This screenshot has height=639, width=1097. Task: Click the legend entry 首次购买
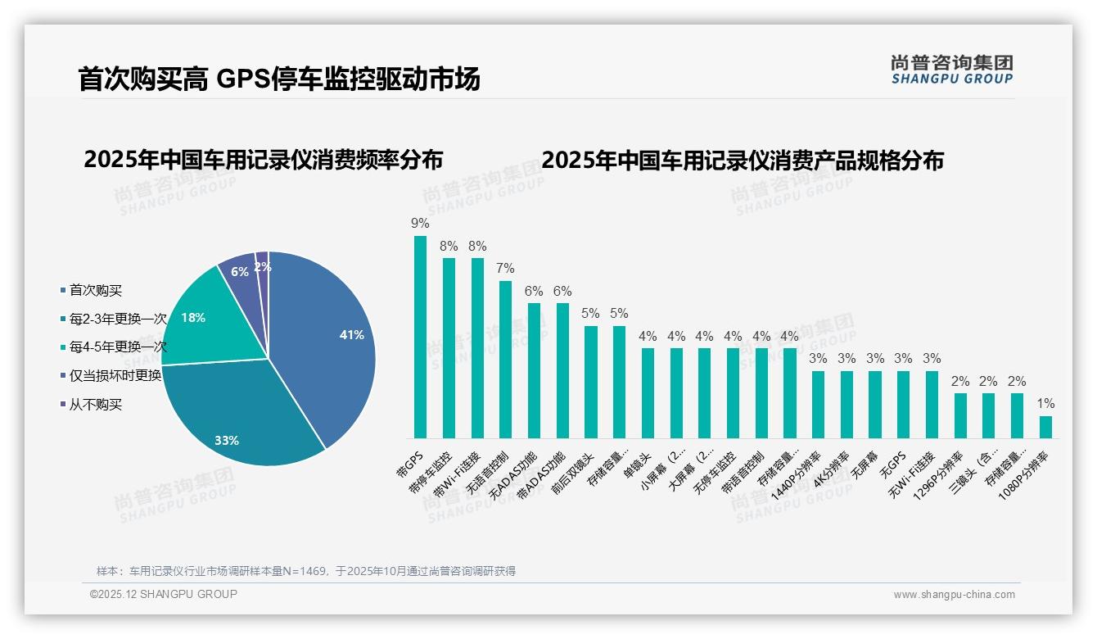[x=95, y=290]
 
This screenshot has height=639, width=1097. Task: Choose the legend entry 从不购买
[x=95, y=405]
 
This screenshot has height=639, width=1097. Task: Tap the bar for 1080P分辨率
[x=1045, y=427]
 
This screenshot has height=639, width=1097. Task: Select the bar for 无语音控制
[x=505, y=360]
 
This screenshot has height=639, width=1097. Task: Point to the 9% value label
[x=420, y=224]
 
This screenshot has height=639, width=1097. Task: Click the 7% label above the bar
[x=505, y=269]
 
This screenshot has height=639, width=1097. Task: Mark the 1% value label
[x=1045, y=404]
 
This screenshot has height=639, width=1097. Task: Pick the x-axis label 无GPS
[x=892, y=464]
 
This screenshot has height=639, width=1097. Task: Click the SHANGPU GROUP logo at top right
[x=951, y=70]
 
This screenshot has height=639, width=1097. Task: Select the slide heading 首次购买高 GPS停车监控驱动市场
[x=278, y=79]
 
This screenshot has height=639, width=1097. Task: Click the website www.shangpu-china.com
[x=954, y=595]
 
